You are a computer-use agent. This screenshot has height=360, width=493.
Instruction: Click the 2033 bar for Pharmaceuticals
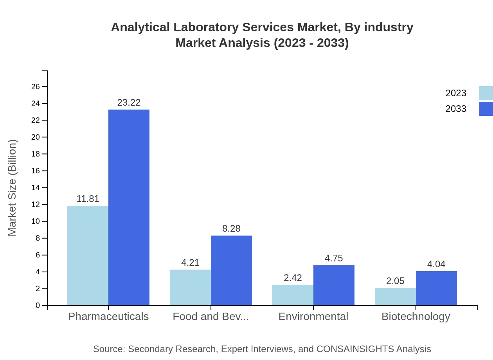coord(129,207)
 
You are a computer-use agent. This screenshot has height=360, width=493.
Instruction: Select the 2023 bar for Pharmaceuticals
coord(88,256)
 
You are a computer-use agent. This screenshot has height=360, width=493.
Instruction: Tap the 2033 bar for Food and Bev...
coord(231,270)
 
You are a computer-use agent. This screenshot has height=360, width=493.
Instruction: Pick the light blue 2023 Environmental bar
coord(293,295)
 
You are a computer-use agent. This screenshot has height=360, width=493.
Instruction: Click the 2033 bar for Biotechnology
coord(436,288)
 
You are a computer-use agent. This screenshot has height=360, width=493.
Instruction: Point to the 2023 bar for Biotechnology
coord(395,297)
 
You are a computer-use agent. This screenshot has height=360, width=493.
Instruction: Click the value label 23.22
coord(129,103)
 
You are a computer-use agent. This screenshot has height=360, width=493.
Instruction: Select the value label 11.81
coord(88,199)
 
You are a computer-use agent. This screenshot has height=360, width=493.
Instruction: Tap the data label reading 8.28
coord(231,229)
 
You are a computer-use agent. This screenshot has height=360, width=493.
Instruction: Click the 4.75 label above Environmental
coord(334,258)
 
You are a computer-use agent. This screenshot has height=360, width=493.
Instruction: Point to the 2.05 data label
coord(395,281)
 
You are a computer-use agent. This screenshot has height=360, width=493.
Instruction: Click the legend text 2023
coord(456,93)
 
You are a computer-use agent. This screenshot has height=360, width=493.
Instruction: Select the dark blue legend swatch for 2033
coord(486,109)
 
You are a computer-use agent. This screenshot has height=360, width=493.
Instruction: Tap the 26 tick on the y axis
coord(36,86)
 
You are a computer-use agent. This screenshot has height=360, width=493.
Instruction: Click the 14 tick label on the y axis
coord(36,187)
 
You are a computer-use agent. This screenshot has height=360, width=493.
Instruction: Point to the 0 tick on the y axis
coord(38,305)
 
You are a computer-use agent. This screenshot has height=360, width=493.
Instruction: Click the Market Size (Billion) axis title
coord(13,188)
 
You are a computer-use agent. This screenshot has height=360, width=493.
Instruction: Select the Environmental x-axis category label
coord(313,316)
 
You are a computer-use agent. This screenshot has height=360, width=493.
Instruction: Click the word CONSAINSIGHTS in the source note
coord(354,349)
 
